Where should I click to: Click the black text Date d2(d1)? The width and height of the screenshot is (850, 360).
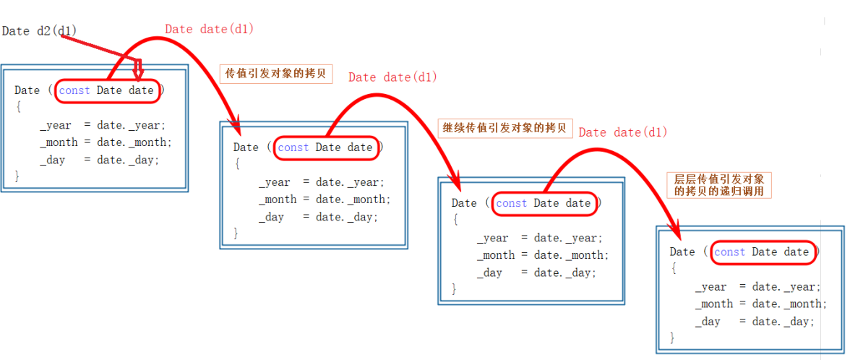pyautogui.click(x=39, y=31)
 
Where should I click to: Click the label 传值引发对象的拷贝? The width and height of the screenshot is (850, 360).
pyautogui.click(x=275, y=74)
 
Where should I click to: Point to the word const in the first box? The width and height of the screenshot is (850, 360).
pyautogui.click(x=74, y=90)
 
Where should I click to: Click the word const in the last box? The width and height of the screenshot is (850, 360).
pyautogui.click(x=729, y=252)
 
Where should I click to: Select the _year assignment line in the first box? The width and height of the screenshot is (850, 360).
pyautogui.click(x=103, y=125)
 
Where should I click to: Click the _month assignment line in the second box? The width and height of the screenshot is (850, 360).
pyautogui.click(x=325, y=200)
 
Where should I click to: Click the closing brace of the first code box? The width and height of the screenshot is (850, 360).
pyautogui.click(x=17, y=176)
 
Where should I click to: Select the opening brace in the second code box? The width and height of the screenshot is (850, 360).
pyautogui.click(x=236, y=164)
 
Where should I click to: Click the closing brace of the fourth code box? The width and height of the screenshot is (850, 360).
pyautogui.click(x=673, y=338)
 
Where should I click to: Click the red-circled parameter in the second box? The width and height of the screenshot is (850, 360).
pyautogui.click(x=325, y=147)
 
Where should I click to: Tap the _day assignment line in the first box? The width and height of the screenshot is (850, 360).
pyautogui.click(x=100, y=160)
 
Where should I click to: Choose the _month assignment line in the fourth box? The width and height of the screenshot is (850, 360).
pyautogui.click(x=761, y=304)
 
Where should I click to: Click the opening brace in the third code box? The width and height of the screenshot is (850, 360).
pyautogui.click(x=455, y=220)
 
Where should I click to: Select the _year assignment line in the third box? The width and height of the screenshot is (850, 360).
pyautogui.click(x=539, y=238)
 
